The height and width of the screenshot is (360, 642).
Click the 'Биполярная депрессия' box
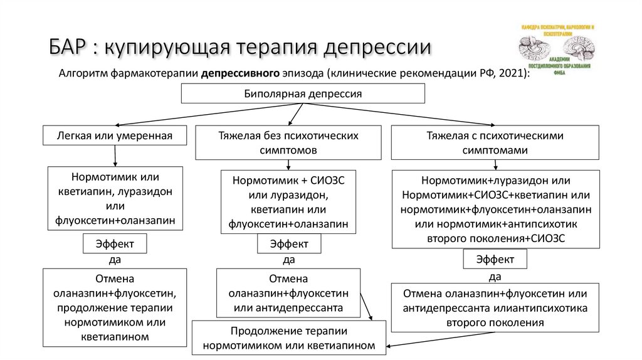(x=303, y=94)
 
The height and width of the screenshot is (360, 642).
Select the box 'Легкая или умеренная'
(x=114, y=135)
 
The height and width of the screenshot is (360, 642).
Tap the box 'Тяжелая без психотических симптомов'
(x=288, y=142)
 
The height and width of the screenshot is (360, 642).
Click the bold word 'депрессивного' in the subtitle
(x=239, y=73)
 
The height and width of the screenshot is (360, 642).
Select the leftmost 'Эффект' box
(x=115, y=243)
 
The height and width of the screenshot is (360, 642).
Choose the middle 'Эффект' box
(x=288, y=243)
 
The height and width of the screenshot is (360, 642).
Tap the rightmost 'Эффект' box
(x=495, y=258)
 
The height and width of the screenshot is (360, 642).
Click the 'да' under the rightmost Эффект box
(x=495, y=276)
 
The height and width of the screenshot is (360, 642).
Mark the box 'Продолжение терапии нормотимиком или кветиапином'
(x=289, y=337)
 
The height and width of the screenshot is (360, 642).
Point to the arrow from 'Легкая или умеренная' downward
(x=115, y=155)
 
